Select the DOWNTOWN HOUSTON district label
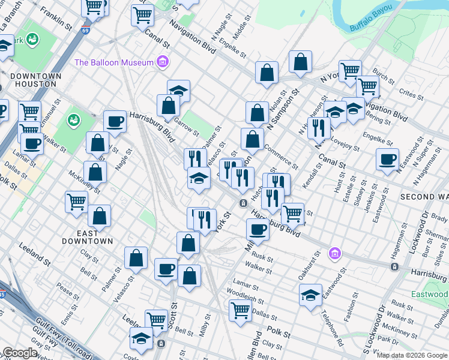tap(36, 80)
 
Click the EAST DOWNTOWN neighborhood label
tap(88, 237)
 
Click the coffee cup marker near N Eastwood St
tap(387, 160)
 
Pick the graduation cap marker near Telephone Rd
tap(310, 295)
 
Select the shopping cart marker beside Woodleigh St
tap(240, 310)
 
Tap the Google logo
tap(20, 353)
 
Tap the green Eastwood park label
tap(429, 294)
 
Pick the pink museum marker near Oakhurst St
tap(334, 254)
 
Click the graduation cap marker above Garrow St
tap(178, 91)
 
